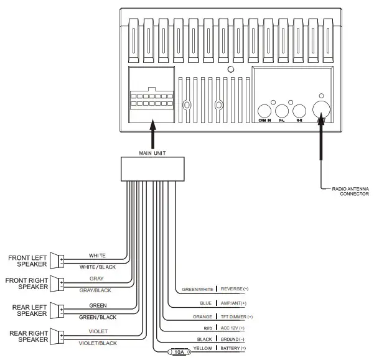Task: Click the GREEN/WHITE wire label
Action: pos(197,290)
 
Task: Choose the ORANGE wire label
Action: pos(203,316)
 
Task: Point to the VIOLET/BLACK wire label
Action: pos(97,343)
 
